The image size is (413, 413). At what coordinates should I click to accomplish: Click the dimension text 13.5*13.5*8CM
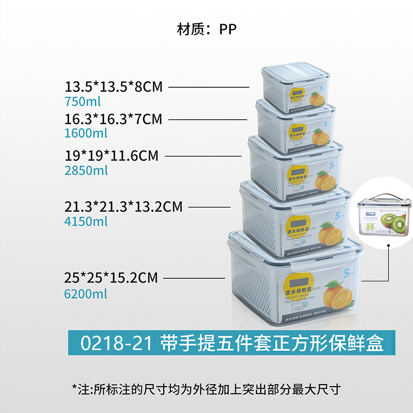[114, 86]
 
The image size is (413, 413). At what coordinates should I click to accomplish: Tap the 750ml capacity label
[83, 101]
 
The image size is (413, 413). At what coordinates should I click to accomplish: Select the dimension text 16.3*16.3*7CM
[114, 119]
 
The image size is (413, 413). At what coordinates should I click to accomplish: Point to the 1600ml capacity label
[86, 133]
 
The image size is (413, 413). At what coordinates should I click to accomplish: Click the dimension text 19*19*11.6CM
[112, 155]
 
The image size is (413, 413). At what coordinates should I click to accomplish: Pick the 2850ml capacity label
[86, 170]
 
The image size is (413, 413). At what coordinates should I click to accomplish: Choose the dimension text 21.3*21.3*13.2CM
[123, 206]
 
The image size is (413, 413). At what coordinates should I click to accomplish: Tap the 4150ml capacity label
[86, 221]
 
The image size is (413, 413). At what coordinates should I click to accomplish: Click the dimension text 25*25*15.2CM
[110, 278]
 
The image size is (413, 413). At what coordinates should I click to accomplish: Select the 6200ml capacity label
[86, 294]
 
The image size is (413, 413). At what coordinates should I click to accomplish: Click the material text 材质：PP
[206, 29]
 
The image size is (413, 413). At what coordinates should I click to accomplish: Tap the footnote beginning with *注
[206, 389]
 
